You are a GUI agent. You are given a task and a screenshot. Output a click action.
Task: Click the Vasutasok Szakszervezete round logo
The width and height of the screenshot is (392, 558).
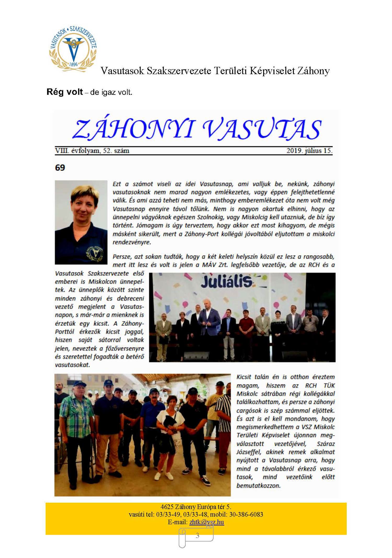(73, 49)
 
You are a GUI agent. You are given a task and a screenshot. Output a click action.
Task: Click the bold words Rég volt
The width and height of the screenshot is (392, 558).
(65, 92)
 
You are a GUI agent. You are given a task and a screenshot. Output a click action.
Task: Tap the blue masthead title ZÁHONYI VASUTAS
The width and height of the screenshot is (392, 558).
(197, 129)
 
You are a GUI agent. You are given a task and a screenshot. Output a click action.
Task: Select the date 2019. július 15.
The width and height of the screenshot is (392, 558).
(309, 151)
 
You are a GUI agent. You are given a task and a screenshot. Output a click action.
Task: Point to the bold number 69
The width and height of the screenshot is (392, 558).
(60, 167)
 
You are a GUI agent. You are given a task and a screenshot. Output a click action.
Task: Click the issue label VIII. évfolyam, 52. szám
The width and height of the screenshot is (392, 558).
(92, 151)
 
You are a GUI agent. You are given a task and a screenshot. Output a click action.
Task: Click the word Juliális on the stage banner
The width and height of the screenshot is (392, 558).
(226, 282)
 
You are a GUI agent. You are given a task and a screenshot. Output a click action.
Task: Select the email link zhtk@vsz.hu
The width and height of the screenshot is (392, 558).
(206, 522)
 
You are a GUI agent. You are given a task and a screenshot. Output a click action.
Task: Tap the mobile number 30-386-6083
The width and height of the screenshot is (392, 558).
(246, 514)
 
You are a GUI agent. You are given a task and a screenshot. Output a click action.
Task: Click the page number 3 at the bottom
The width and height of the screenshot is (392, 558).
(197, 535)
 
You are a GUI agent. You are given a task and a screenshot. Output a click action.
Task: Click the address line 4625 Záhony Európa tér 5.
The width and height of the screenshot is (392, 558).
(196, 507)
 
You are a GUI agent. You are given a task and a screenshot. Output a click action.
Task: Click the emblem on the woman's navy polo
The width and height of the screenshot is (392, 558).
(95, 253)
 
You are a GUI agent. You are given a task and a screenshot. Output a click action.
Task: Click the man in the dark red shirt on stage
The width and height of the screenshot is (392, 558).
(246, 329)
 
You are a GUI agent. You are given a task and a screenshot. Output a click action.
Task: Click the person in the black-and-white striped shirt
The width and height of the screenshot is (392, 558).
(224, 423)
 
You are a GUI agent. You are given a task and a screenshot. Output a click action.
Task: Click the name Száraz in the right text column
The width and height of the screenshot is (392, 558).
(325, 444)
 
